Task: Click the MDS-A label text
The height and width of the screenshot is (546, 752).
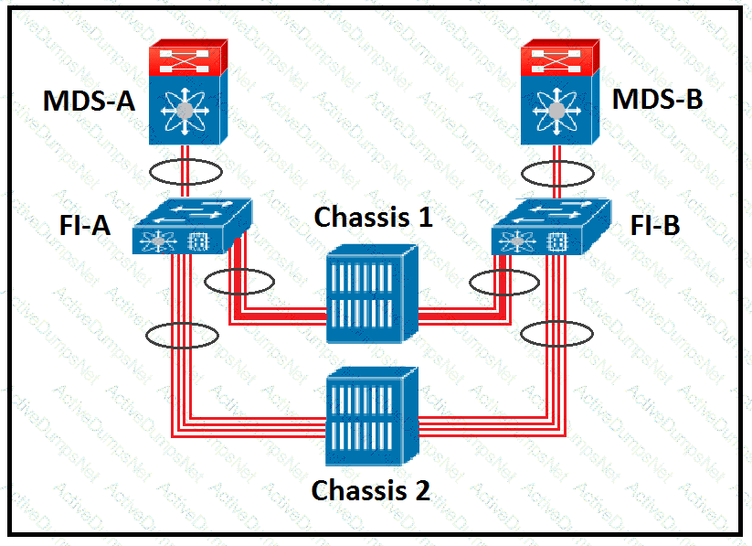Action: tap(89, 101)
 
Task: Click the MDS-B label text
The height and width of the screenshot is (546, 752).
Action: tap(658, 99)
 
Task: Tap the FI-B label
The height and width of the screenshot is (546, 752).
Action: tap(655, 225)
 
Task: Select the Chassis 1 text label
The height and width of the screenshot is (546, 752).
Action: tap(373, 218)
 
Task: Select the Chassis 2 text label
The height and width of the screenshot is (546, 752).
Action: tap(370, 490)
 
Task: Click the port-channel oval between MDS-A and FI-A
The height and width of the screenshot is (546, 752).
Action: tap(186, 172)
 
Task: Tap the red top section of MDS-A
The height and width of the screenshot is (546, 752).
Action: tap(185, 59)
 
